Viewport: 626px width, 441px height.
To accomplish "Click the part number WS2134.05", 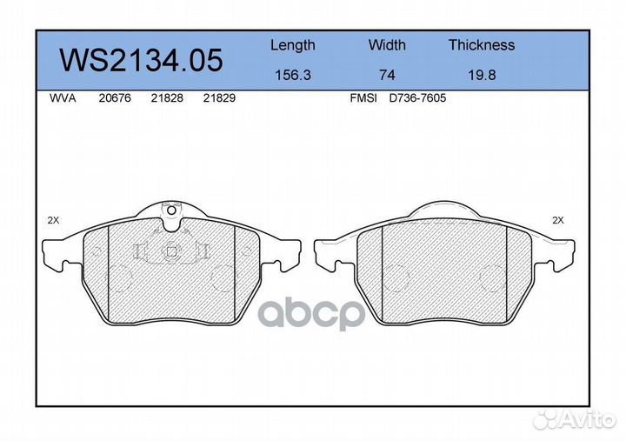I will [140, 60].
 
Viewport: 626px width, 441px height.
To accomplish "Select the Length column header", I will [292, 45].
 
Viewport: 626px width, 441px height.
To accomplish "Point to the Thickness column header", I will [481, 45].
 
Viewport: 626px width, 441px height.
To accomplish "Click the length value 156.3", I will [292, 76].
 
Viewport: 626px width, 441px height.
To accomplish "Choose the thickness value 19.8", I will [481, 76].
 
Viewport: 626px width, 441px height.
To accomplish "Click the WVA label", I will [62, 99].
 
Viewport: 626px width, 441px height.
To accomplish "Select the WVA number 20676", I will [116, 99].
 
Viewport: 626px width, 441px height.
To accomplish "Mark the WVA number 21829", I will [218, 99].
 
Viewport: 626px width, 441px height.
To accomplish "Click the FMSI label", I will [363, 99].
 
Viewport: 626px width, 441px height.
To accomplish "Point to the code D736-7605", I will [417, 99].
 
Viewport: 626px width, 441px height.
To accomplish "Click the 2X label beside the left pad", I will [54, 221].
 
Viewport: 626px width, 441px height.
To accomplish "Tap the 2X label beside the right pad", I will [557, 221].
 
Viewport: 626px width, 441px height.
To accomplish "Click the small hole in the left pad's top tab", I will [170, 210].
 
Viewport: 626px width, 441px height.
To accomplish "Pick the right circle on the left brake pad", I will [223, 278].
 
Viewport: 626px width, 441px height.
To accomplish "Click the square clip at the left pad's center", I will [171, 252].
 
